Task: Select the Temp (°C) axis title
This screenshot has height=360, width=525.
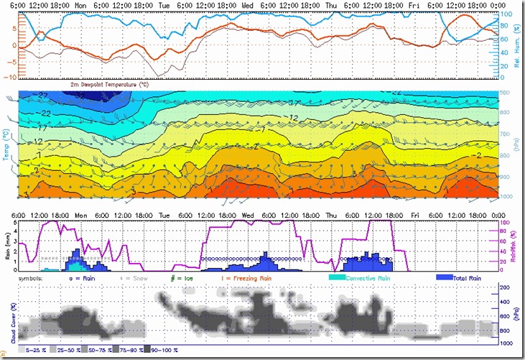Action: (6, 144)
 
